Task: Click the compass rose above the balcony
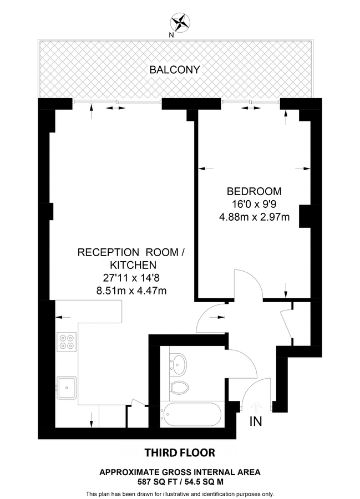[180, 23]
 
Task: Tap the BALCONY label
[175, 70]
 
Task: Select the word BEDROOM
[254, 191]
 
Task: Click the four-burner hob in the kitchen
[67, 340]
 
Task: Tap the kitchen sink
[67, 386]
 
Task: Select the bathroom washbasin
[178, 364]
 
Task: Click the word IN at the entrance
[256, 422]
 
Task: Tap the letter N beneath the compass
[171, 34]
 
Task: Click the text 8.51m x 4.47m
[131, 289]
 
